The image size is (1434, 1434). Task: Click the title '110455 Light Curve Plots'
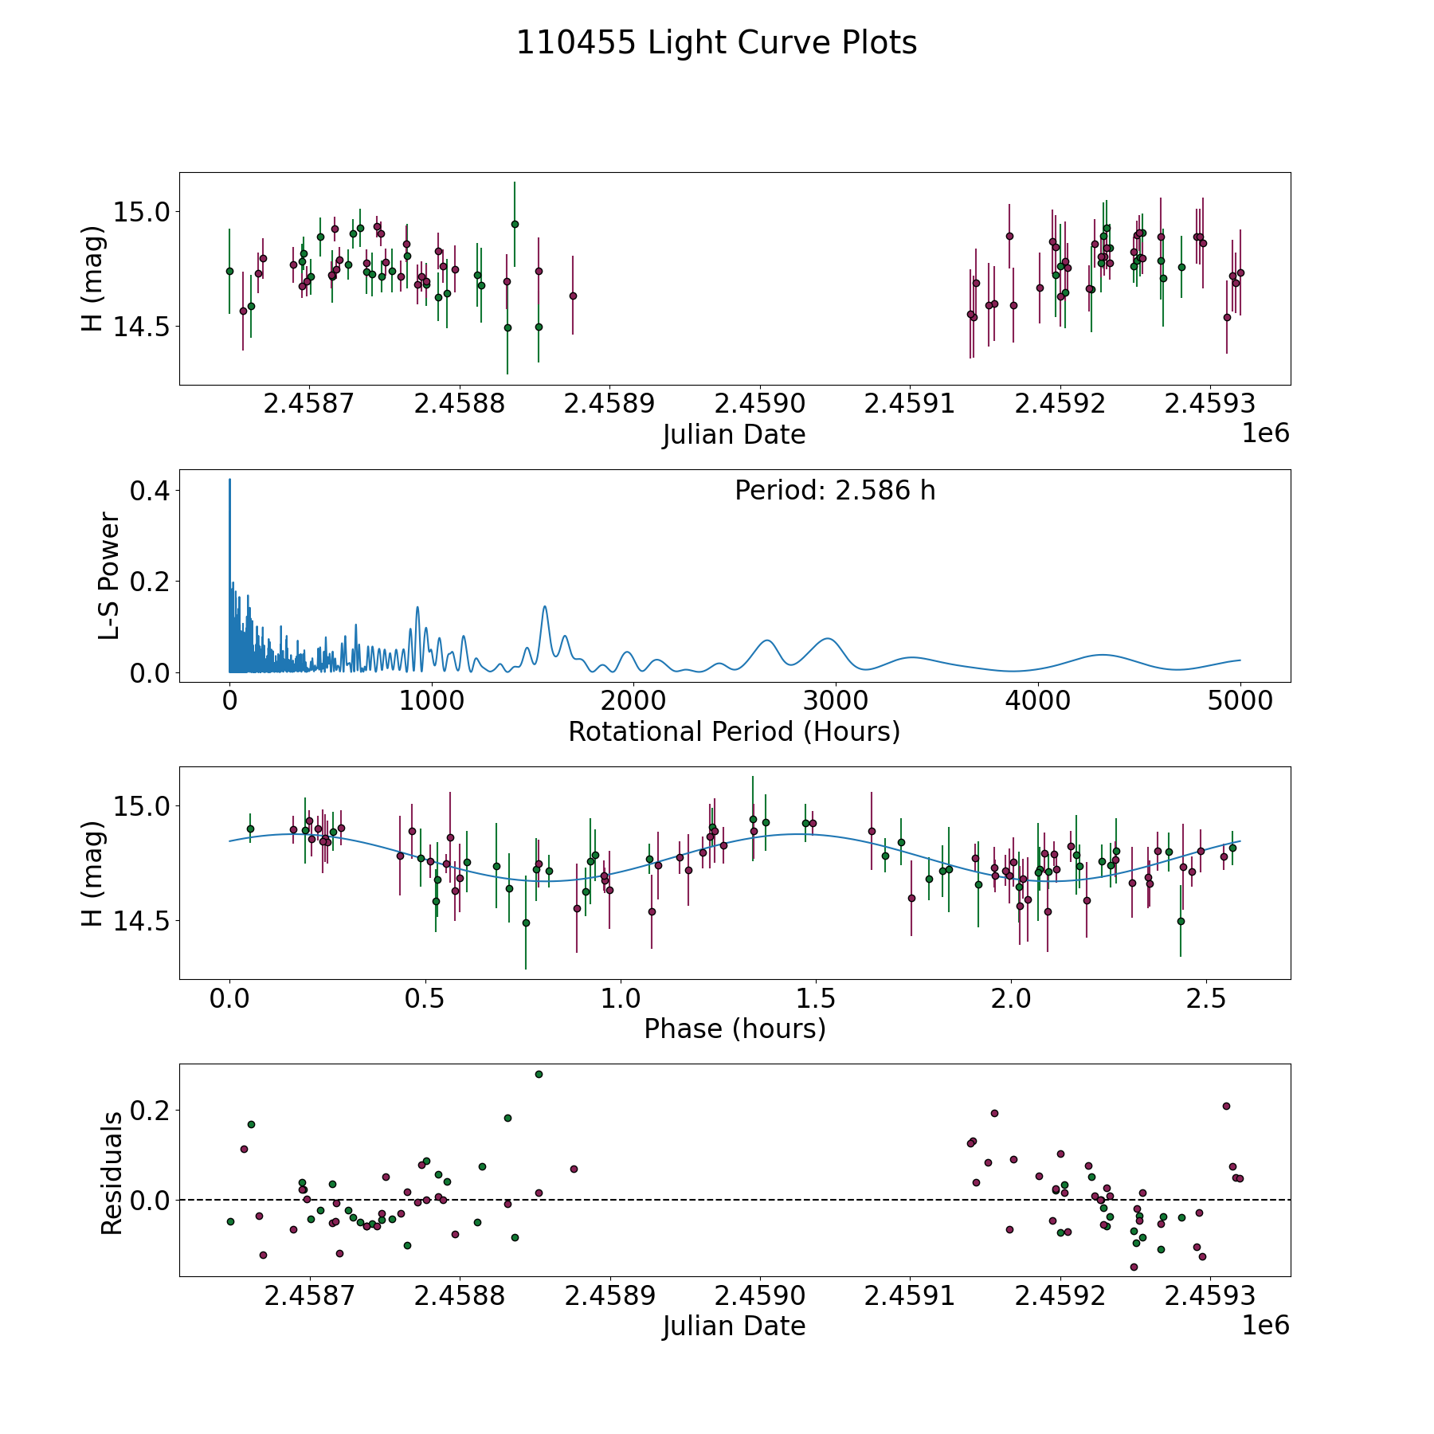point(716,43)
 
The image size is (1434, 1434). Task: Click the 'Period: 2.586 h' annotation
point(835,491)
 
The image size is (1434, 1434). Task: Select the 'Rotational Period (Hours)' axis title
point(734,731)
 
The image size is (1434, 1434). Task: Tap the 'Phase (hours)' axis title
point(735,1028)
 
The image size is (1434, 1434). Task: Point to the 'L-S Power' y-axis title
point(109,576)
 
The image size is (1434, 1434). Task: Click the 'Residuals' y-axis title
point(112,1173)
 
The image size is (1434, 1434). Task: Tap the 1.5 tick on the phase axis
point(816,999)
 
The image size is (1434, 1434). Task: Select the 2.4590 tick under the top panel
point(759,404)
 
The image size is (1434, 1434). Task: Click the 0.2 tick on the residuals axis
point(151,1111)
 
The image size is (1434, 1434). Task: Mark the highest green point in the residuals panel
point(539,1074)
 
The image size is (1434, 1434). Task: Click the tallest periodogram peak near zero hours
point(230,480)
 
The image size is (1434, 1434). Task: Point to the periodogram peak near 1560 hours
point(545,607)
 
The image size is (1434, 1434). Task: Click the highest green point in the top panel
point(515,224)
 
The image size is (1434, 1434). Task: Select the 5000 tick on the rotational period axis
point(1240,702)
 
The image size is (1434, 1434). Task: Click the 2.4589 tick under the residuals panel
point(609,1296)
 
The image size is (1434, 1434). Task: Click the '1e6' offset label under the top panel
point(1265,433)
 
